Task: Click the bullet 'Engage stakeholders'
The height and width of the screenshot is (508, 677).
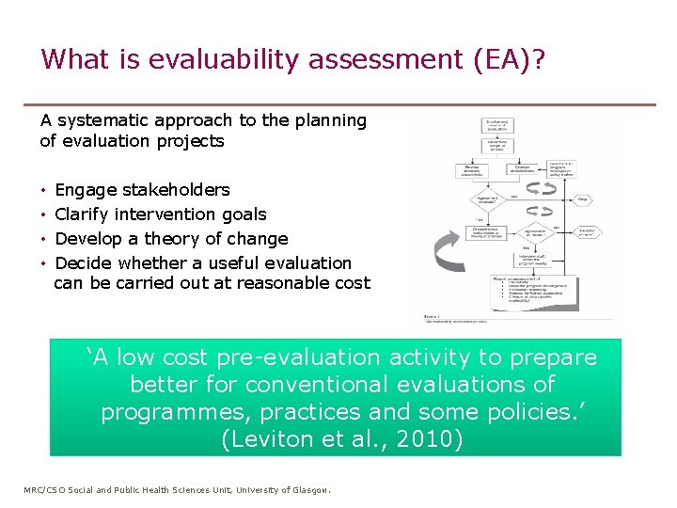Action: pyautogui.click(x=142, y=190)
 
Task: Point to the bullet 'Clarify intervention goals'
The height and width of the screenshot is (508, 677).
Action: pyautogui.click(x=161, y=214)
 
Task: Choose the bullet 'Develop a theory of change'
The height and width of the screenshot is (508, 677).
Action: pyautogui.click(x=171, y=239)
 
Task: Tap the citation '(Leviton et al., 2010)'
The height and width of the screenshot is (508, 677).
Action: pyautogui.click(x=340, y=439)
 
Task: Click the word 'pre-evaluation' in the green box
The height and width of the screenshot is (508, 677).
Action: pyautogui.click(x=292, y=358)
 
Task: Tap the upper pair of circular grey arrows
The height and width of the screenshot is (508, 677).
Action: pyautogui.click(x=544, y=187)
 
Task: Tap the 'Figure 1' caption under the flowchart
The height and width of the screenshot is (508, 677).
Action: pyautogui.click(x=434, y=318)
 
